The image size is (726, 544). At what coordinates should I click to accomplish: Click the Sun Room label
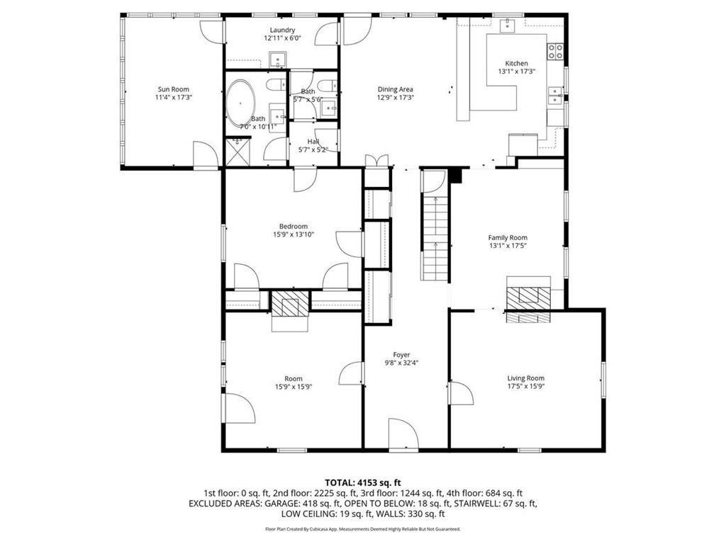point(174,89)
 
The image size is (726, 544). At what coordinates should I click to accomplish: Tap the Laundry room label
point(282,30)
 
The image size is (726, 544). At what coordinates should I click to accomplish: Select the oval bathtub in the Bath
point(240,105)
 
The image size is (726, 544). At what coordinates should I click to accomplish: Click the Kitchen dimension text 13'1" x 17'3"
point(516,72)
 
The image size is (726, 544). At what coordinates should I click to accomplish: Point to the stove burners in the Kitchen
point(556,51)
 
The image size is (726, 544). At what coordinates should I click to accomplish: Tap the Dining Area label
point(395,89)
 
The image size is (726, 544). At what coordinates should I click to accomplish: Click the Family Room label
point(508,237)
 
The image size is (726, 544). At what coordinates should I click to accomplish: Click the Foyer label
point(401,355)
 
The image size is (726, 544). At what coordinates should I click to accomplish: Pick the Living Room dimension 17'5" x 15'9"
point(525,386)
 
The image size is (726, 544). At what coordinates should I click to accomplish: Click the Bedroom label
point(294,226)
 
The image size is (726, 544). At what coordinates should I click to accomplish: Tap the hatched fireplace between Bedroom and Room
point(290,303)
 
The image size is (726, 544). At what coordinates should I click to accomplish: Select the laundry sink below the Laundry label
point(278,59)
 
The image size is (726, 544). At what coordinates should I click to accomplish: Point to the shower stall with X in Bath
point(238,152)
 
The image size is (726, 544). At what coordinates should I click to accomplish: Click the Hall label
point(313,142)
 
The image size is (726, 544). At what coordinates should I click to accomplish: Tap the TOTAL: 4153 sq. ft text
point(362,483)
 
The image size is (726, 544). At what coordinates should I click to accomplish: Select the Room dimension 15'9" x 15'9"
point(294,387)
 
